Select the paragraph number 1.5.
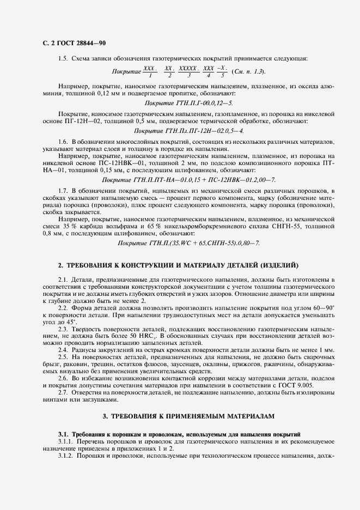point(63,58)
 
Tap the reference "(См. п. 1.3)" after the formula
point(249,71)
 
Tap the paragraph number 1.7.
point(63,191)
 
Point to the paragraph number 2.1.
point(63,280)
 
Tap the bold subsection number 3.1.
point(64,433)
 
